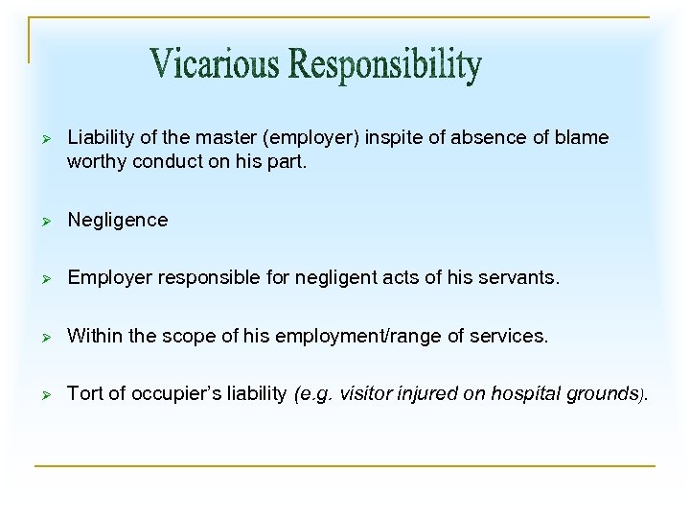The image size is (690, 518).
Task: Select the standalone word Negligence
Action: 117,221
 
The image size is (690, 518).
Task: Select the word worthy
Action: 94,161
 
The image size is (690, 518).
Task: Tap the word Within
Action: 95,338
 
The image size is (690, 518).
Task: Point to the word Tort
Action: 84,394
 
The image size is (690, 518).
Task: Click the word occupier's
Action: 173,394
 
